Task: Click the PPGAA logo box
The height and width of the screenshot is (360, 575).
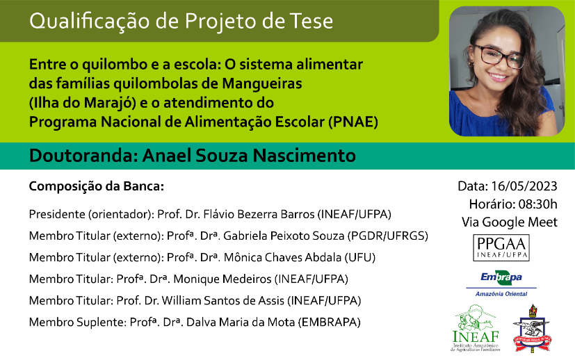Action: click(501, 248)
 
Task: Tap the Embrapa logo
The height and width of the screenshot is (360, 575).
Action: click(501, 284)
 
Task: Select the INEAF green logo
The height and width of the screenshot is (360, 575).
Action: click(476, 327)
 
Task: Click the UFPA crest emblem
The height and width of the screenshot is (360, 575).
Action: click(533, 328)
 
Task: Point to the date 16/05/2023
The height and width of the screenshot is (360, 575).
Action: click(524, 186)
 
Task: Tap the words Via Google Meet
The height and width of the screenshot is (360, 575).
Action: click(510, 222)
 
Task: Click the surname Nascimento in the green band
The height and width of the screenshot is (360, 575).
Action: click(304, 156)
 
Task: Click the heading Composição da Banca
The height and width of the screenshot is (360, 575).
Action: click(97, 186)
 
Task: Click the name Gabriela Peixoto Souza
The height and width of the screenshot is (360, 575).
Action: click(284, 236)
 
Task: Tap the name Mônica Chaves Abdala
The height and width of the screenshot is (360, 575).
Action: click(283, 257)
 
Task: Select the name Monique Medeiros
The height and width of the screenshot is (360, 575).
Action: click(222, 279)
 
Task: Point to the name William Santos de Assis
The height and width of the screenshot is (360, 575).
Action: click(223, 301)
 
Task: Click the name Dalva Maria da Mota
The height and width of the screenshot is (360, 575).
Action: click(241, 322)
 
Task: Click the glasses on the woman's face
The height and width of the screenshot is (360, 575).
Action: click(499, 56)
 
